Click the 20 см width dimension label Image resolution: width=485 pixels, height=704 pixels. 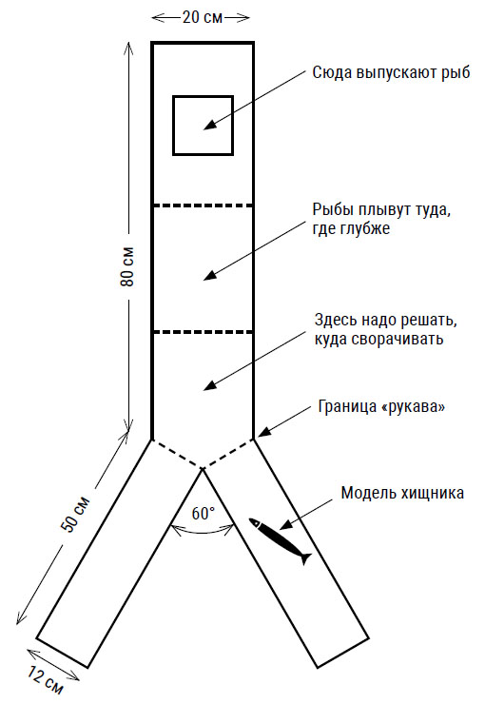[x=202, y=17]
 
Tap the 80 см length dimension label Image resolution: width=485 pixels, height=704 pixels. [x=127, y=266]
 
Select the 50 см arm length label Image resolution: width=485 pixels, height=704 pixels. [x=75, y=514]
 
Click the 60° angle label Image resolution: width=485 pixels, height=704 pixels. [x=203, y=513]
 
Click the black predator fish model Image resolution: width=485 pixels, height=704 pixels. [x=280, y=540]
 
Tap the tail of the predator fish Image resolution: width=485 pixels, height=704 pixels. [x=305, y=558]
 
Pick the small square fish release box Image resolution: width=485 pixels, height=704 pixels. [x=204, y=126]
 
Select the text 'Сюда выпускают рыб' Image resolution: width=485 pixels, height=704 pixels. [x=391, y=72]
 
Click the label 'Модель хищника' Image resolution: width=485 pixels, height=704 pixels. [x=402, y=493]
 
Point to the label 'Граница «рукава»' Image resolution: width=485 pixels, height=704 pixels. [x=381, y=406]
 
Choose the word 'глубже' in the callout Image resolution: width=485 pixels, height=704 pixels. [x=351, y=228]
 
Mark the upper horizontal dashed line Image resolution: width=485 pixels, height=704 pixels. [x=203, y=205]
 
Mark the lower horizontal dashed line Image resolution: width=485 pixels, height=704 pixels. [x=203, y=332]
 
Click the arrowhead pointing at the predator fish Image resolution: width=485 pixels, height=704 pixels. [x=286, y=524]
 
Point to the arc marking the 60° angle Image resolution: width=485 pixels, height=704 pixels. [x=203, y=533]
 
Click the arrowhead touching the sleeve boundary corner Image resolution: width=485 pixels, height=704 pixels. [x=265, y=432]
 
